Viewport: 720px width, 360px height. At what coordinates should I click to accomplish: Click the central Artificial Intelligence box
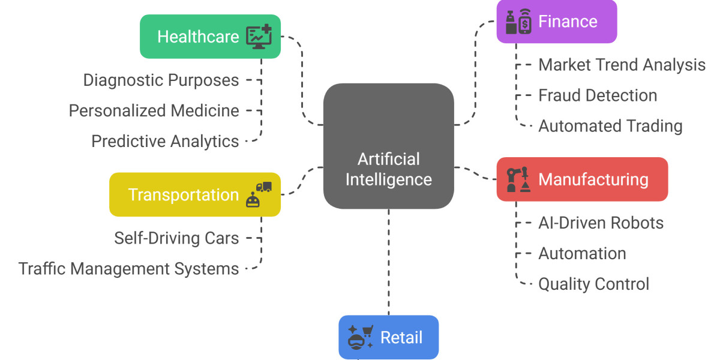coord(388,146)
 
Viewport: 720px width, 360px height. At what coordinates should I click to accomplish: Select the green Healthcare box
coord(210,37)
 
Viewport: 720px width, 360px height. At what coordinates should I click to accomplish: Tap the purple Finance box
coord(556,22)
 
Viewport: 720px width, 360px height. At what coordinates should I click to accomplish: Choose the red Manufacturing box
coord(582,179)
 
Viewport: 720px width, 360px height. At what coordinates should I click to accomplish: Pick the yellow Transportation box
coord(194,195)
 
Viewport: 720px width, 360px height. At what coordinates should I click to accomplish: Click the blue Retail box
coord(388,337)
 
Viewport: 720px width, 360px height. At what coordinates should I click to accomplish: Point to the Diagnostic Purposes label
coord(161,80)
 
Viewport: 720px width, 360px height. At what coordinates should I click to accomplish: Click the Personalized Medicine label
coord(154,110)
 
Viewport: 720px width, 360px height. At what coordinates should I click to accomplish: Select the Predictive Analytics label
coord(165,141)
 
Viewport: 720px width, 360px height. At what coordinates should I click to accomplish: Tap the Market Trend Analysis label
coord(622,65)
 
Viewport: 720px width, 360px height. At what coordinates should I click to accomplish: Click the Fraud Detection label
coord(598,95)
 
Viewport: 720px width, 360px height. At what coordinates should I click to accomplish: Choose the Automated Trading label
coord(610,126)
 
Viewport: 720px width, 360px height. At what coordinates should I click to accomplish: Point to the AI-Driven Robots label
coord(601,223)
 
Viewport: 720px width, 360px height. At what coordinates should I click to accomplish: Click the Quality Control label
coord(593,284)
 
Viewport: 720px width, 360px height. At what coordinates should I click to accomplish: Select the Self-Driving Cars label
coord(176,238)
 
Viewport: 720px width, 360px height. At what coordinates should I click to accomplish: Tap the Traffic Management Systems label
coord(128,268)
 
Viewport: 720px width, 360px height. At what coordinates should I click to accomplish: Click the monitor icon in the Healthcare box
coord(259,37)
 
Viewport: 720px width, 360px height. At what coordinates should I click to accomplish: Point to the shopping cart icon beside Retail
coord(367,331)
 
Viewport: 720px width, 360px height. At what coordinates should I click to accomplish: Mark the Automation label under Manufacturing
coord(582,253)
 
